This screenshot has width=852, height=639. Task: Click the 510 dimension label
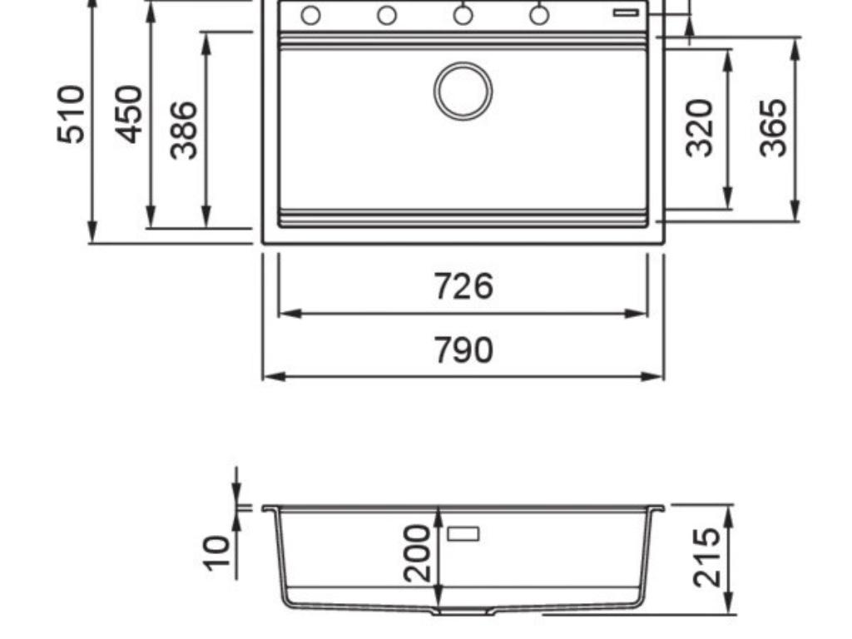72,114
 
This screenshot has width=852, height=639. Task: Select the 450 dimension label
129,114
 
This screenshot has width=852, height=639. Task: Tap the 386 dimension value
184,130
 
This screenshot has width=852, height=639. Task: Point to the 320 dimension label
701,127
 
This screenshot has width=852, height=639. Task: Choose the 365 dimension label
773,127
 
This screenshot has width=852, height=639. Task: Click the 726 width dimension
463,286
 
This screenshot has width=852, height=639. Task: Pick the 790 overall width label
463,350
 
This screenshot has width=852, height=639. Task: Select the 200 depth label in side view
416,552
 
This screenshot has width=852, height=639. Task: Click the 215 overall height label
706,557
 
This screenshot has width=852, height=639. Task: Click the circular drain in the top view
463,91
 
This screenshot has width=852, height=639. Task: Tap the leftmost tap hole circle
310,15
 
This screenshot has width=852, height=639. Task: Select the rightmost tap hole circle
539,15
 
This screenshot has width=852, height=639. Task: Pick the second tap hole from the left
387,15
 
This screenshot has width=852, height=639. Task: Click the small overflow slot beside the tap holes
626,12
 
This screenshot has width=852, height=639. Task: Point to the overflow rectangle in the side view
463,533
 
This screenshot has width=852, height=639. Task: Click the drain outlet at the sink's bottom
463,612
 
